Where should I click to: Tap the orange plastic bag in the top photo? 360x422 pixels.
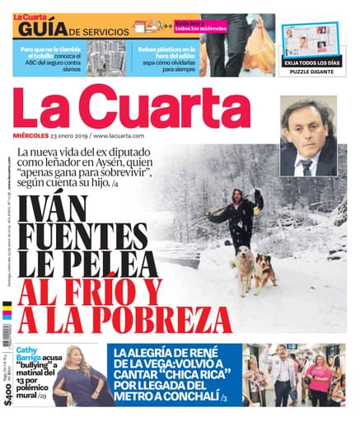(x=257, y=57)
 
